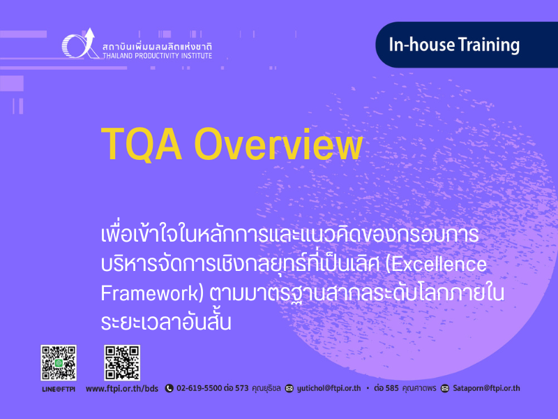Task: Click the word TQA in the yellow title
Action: [x=142, y=144]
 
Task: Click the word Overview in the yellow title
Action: [x=278, y=144]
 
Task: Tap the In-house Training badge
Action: [x=467, y=45]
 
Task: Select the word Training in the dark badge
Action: [x=489, y=45]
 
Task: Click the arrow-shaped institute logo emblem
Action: [x=80, y=43]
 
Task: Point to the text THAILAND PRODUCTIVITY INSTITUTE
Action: [x=158, y=56]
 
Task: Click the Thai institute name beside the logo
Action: [x=158, y=46]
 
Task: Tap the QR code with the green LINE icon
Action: [x=59, y=362]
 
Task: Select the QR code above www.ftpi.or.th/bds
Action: [x=121, y=362]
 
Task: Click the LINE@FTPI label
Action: [x=59, y=389]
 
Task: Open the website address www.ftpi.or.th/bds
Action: [x=122, y=388]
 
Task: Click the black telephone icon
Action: [x=169, y=388]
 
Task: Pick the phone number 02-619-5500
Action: [x=199, y=388]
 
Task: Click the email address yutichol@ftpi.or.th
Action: [x=329, y=388]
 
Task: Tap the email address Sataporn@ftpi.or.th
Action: [x=486, y=388]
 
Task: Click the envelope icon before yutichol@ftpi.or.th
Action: [x=289, y=388]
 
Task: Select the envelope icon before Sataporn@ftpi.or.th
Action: [x=445, y=388]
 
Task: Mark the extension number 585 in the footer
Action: [x=392, y=388]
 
